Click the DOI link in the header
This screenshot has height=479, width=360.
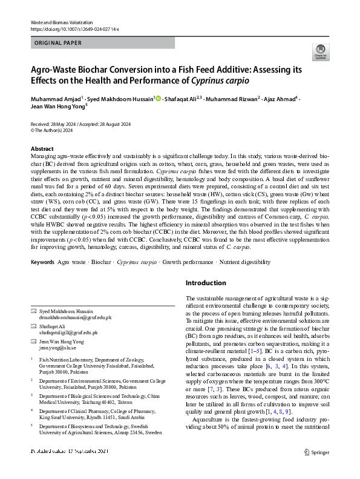pos(71,28)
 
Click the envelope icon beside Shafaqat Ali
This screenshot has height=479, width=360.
pos(33,326)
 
